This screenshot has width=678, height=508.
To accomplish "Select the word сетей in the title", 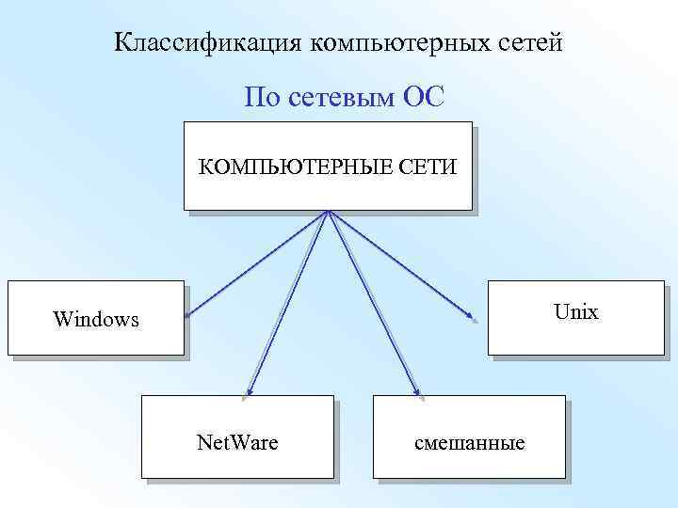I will [x=531, y=42].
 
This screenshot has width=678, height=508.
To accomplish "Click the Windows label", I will [x=96, y=319].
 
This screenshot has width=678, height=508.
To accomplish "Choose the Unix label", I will [x=576, y=311].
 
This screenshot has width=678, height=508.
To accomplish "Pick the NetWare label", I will [x=236, y=440].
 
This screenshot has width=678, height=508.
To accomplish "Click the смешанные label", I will [x=470, y=441].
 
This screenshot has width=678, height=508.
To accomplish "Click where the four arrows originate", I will [x=328, y=211].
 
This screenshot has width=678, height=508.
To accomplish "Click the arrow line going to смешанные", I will [x=371, y=298].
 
